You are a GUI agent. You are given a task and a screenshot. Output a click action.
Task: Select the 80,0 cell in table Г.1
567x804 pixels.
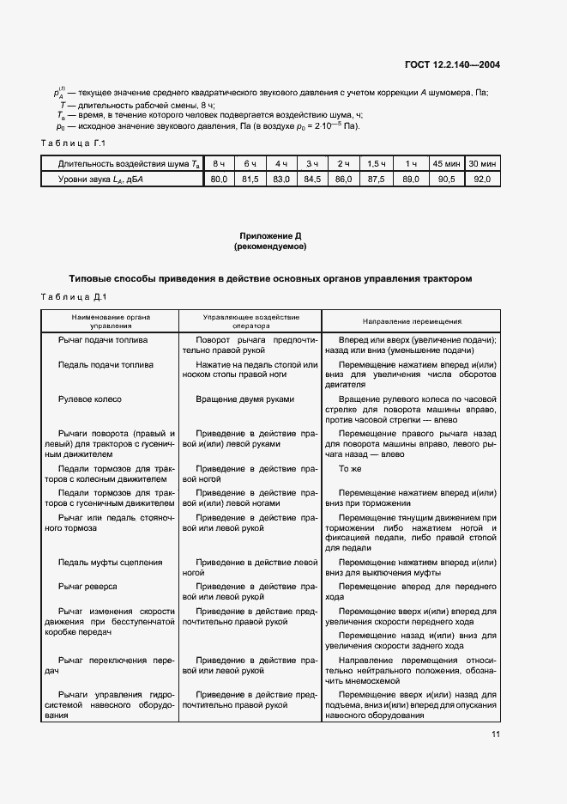(220, 179)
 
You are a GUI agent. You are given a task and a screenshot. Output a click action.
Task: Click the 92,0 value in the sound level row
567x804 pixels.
(483, 179)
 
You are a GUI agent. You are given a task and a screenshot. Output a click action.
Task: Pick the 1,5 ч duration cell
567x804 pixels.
(376, 163)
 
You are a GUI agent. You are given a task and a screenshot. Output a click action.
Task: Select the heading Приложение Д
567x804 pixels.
(269, 234)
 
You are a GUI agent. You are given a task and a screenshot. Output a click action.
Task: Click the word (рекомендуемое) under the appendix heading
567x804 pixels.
(269, 247)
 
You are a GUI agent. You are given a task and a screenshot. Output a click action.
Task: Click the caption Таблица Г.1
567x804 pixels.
(73, 143)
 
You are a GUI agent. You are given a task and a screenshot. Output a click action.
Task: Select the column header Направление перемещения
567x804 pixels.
(411, 321)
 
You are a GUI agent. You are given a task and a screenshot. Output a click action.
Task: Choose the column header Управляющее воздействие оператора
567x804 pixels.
(249, 321)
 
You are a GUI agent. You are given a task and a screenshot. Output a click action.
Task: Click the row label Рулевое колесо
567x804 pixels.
(90, 399)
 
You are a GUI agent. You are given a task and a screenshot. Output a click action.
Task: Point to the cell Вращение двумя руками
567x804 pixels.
(244, 399)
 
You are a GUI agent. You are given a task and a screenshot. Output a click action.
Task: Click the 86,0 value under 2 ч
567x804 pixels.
(343, 179)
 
